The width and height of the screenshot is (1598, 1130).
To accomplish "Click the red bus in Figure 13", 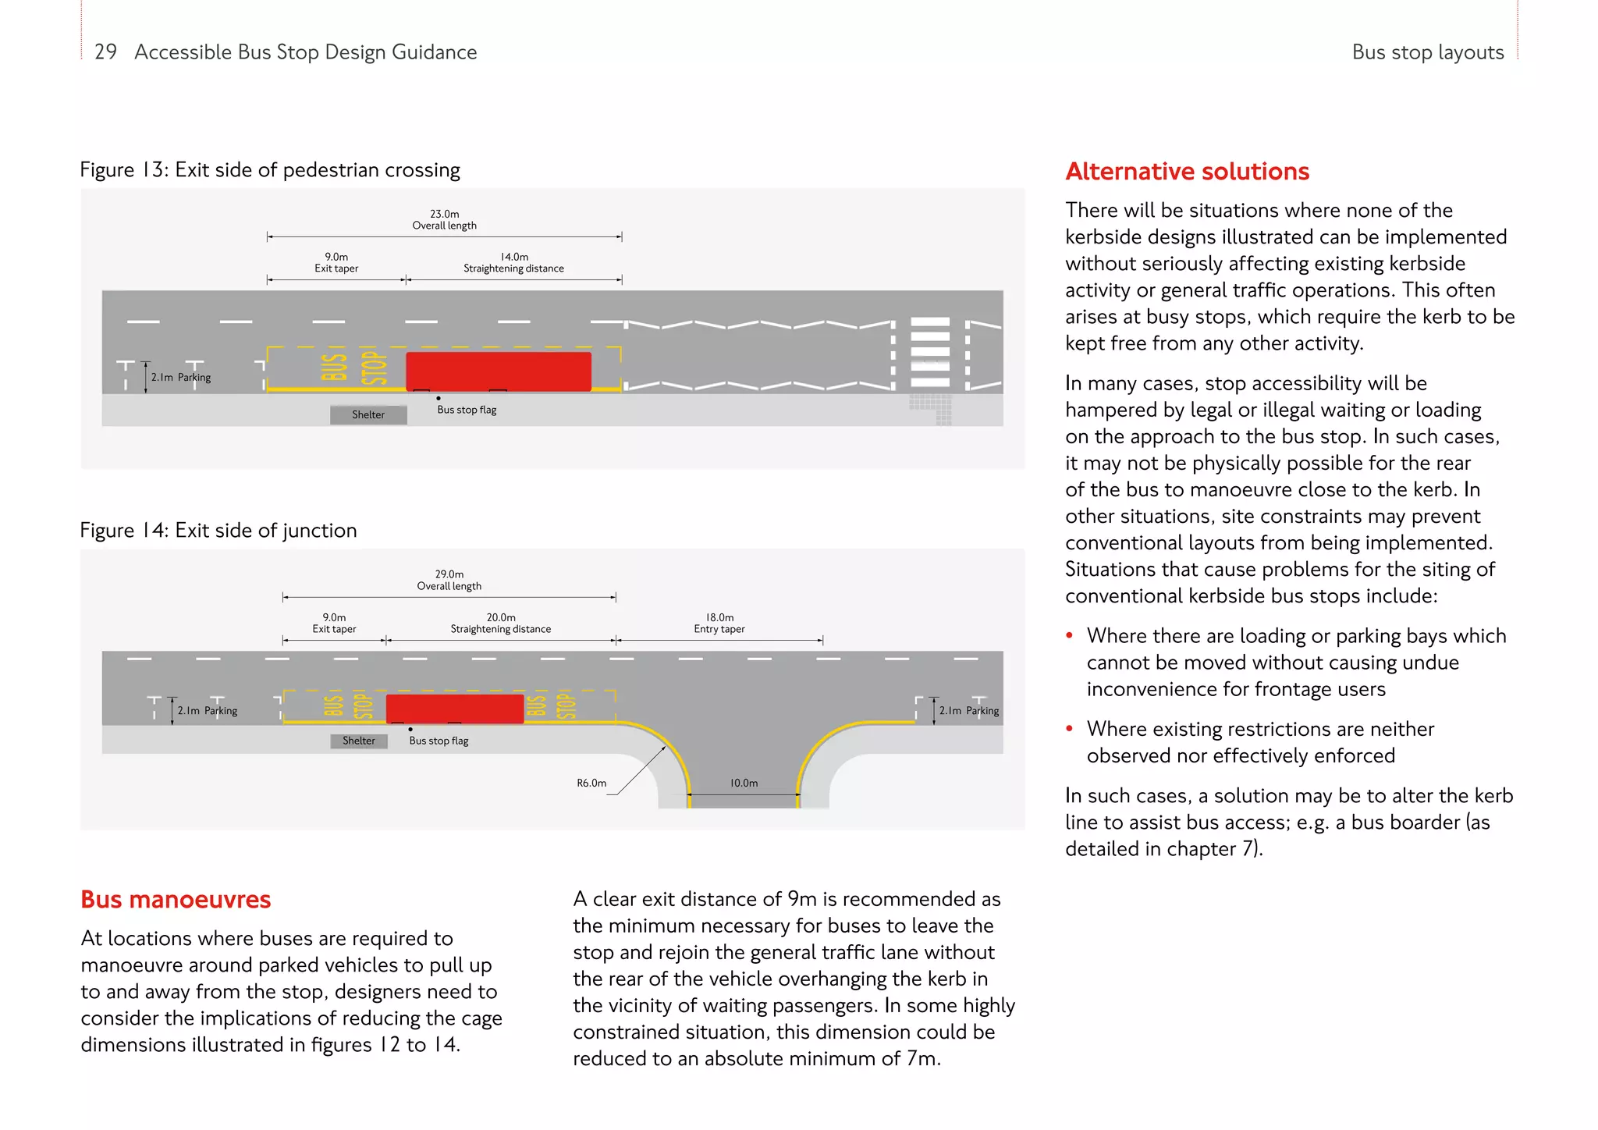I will click(x=499, y=371).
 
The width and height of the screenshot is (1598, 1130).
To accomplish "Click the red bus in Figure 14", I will click(x=455, y=709).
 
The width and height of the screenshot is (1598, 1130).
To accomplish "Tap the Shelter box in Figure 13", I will click(x=368, y=414).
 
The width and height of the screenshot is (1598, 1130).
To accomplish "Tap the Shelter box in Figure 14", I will click(x=359, y=741).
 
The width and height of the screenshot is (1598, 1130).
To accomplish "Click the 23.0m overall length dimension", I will click(x=445, y=220).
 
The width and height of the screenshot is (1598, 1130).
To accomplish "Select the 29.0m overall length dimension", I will click(x=449, y=580).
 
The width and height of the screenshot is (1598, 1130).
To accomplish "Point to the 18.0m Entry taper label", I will click(x=719, y=623).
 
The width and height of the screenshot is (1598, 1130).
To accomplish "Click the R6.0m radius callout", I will click(x=591, y=783).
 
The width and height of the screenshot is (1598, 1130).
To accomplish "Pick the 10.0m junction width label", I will click(x=744, y=783).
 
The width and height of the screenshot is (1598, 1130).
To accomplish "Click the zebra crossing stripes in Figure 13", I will click(x=930, y=352).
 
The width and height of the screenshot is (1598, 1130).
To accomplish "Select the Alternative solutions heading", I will click(x=1187, y=171).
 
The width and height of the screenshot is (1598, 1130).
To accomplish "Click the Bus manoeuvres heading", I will click(x=176, y=899).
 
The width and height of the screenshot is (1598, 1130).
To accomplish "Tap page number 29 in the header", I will click(x=105, y=52).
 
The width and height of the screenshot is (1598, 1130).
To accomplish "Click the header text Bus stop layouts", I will click(x=1427, y=52).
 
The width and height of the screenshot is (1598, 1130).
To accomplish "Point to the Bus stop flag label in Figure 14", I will click(x=439, y=741).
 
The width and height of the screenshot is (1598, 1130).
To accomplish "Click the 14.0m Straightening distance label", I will click(x=513, y=262).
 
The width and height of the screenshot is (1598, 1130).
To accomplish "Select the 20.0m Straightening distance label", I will click(x=501, y=623).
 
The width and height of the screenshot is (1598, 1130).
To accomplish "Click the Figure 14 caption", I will click(x=218, y=531).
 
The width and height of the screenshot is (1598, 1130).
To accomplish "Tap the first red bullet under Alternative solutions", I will click(x=1070, y=636).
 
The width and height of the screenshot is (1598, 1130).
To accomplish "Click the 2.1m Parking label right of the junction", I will click(x=968, y=710).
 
